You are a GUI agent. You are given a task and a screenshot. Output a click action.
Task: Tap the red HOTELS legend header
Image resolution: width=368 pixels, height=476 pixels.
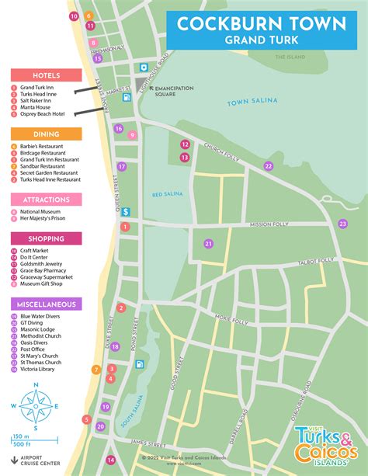pos(46,75)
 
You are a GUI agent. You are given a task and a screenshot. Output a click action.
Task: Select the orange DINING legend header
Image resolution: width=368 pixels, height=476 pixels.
pos(46,134)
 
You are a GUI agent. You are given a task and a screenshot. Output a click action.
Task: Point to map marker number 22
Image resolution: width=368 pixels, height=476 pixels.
pos(269,166)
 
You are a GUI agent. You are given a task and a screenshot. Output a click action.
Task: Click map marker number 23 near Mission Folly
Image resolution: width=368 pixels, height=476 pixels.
pos(342,224)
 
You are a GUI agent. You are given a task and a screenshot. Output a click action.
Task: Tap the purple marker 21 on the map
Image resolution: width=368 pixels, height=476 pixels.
pos(208,244)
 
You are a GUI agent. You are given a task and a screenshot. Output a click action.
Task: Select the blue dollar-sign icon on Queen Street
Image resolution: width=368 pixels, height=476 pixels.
pos(125,211)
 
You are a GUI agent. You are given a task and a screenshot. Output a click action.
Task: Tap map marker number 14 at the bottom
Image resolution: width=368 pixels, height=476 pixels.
pos(110,460)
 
